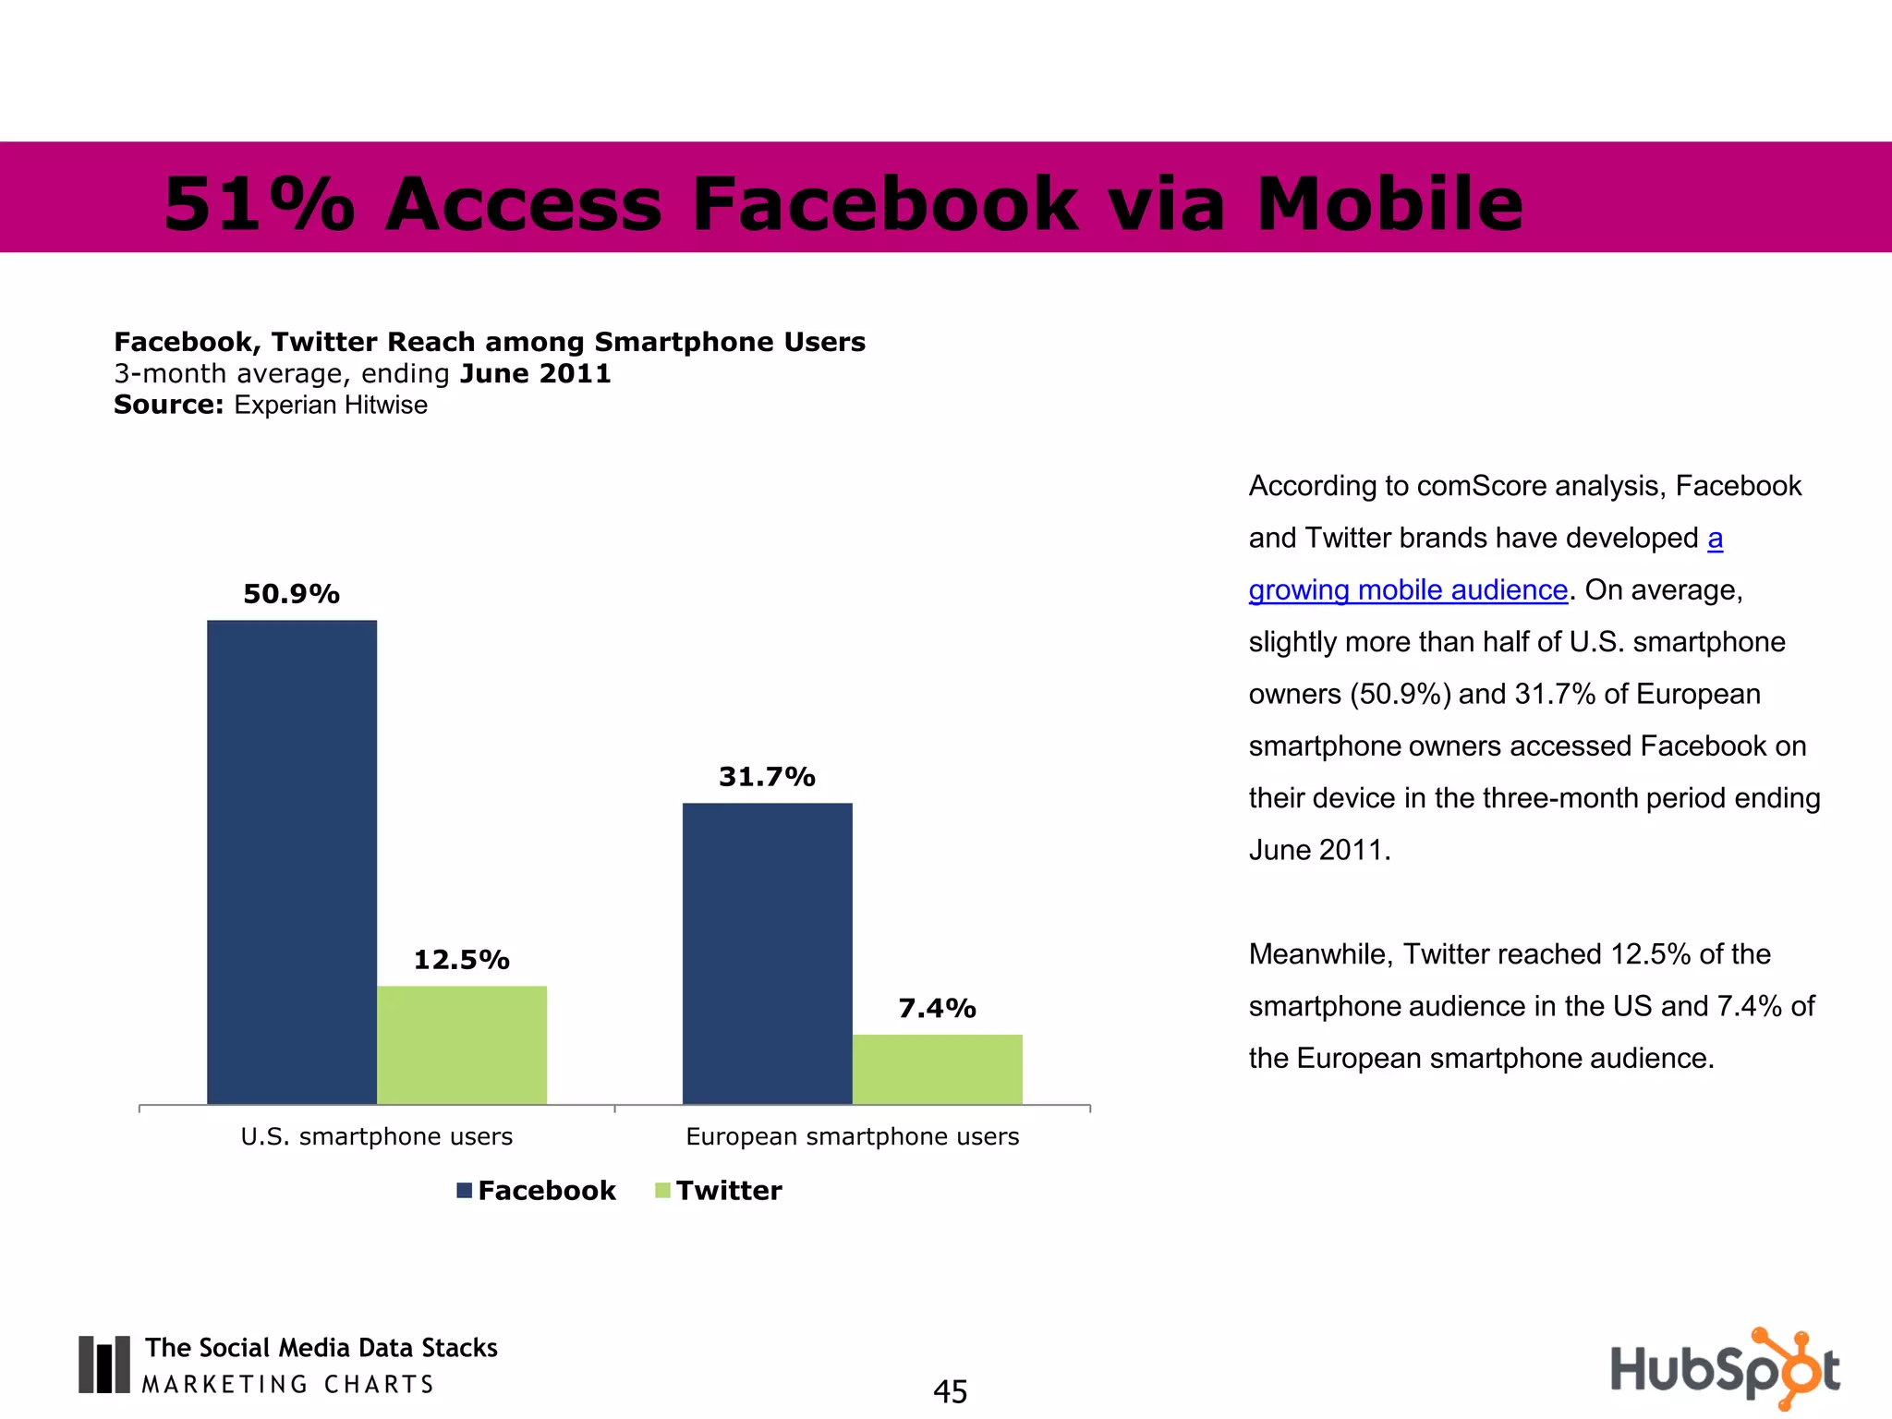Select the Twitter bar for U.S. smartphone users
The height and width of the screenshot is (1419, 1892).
coord(462,1045)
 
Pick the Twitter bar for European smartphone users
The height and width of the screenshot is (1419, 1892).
coord(938,1069)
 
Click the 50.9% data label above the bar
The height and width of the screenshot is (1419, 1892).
coord(292,594)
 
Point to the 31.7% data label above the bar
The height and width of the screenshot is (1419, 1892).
coord(768,777)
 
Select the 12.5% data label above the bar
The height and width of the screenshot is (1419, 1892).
coord(462,960)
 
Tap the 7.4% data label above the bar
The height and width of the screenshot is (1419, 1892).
coord(938,1008)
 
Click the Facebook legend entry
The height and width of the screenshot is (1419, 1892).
coord(537,1190)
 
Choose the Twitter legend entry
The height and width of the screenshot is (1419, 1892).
coord(719,1190)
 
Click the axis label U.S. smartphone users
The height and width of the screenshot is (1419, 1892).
coord(377,1136)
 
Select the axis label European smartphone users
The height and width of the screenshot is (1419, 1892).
coord(853,1136)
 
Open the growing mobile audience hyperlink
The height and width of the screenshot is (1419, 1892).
coord(1408,589)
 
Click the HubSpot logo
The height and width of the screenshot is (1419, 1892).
coord(1724,1368)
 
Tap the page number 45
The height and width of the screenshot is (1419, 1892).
coord(950,1391)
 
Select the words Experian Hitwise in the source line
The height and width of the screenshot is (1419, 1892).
coord(331,405)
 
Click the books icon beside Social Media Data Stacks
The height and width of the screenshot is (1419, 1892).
coord(104,1364)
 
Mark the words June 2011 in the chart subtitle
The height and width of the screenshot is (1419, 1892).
coord(536,373)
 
